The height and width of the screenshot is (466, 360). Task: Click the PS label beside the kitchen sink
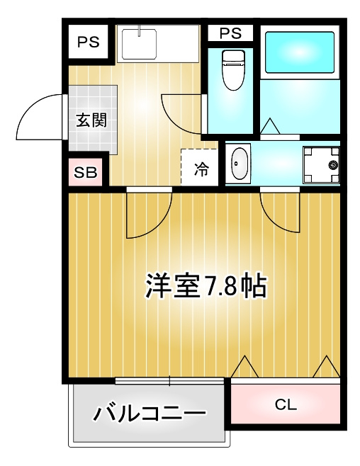click(89, 42)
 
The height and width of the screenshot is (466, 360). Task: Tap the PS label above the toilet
click(230, 33)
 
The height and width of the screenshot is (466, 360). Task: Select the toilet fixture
click(233, 70)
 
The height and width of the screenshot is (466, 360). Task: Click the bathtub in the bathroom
click(300, 52)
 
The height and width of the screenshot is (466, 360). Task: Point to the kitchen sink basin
click(139, 44)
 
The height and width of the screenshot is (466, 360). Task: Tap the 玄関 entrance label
click(91, 120)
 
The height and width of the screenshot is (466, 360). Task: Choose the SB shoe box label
click(86, 172)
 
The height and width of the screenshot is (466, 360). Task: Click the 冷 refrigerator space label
click(201, 169)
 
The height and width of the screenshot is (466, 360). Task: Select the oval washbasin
click(240, 164)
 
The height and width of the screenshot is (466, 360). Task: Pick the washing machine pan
click(321, 164)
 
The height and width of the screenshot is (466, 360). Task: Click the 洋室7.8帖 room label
click(206, 285)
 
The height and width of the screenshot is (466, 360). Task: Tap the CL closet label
click(286, 404)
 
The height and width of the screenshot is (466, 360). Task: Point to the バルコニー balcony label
click(150, 413)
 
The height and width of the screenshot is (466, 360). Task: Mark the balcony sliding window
click(169, 381)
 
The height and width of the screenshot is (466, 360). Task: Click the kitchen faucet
click(139, 30)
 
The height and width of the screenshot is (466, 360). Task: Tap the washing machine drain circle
click(333, 164)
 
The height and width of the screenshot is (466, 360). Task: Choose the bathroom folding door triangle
click(270, 126)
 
